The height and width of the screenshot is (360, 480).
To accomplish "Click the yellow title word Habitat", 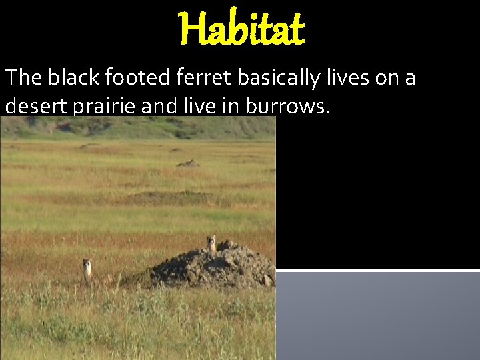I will pos(241,29).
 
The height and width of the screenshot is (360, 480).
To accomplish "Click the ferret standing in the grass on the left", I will pos(87,269).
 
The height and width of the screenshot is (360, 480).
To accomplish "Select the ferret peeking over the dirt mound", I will pos(212,243).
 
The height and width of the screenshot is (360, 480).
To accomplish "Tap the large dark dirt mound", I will pos(213,267).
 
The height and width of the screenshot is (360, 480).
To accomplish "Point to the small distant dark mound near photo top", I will pos(189,163).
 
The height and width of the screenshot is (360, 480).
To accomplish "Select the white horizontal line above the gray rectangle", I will pos(378,270).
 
